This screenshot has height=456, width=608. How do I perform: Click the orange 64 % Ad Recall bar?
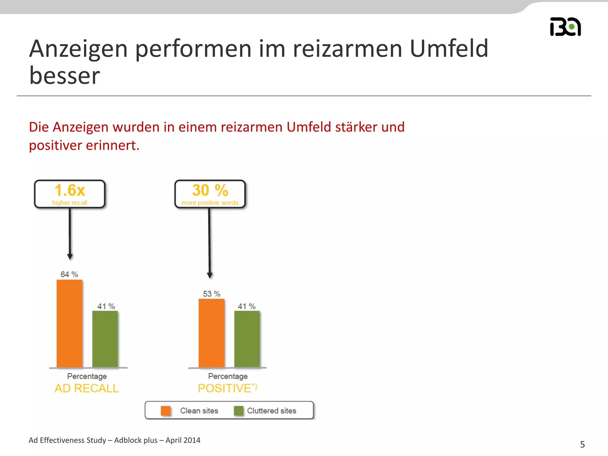pyautogui.click(x=69, y=323)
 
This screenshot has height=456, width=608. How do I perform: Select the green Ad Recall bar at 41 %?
pyautogui.click(x=105, y=339)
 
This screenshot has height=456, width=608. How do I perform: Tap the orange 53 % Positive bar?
pyautogui.click(x=211, y=333)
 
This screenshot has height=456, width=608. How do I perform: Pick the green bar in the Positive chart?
pyautogui.click(x=247, y=339)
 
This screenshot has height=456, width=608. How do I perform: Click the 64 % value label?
pyautogui.click(x=69, y=274)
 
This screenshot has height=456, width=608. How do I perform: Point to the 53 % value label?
pyautogui.click(x=212, y=294)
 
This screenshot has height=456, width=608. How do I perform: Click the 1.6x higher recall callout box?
pyautogui.click(x=70, y=194)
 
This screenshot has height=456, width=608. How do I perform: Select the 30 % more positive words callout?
pyautogui.click(x=210, y=194)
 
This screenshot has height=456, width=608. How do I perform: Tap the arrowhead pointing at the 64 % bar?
pyautogui.click(x=70, y=256)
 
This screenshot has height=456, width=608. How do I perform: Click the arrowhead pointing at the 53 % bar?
pyautogui.click(x=210, y=275)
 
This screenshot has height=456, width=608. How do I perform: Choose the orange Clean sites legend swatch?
pyautogui.click(x=166, y=411)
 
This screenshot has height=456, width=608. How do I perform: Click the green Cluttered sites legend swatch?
pyautogui.click(x=238, y=411)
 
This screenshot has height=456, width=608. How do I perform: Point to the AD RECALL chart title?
pyautogui.click(x=87, y=388)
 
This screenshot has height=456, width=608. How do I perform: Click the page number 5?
pyautogui.click(x=582, y=444)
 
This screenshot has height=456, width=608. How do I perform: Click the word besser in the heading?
pyautogui.click(x=65, y=75)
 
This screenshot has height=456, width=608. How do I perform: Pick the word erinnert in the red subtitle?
pyautogui.click(x=113, y=145)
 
